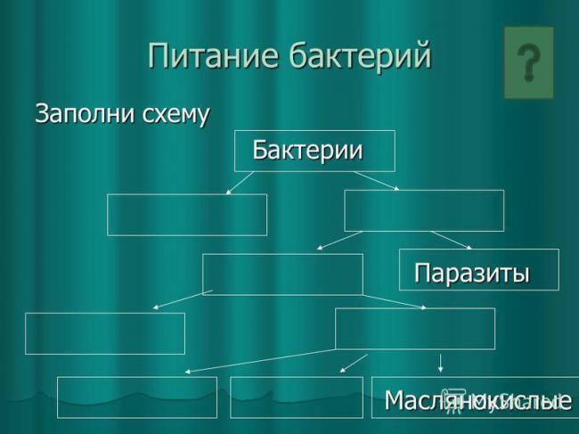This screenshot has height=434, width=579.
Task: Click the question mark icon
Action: pyautogui.click(x=529, y=62)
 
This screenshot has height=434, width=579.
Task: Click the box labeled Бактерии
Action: pyautogui.click(x=307, y=150)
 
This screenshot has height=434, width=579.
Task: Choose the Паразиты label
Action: pyautogui.click(x=473, y=272)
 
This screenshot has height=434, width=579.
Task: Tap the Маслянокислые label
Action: pyautogui.click(x=477, y=401)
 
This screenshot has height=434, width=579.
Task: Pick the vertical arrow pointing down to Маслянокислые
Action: pyautogui.click(x=441, y=361)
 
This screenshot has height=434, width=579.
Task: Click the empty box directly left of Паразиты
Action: pyautogui.click(x=282, y=274)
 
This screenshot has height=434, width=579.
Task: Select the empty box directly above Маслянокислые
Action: pyautogui.click(x=414, y=328)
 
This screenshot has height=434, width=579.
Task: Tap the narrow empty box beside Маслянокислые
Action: pyautogui.click(x=297, y=397)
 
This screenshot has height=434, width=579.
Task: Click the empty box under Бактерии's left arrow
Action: pyautogui.click(x=187, y=214)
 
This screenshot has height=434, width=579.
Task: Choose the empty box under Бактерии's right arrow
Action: pyautogui.click(x=424, y=210)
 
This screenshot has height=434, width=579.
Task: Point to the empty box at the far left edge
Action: pyautogui.click(x=105, y=333)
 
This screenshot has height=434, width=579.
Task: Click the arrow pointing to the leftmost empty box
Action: pyautogui.click(x=183, y=299)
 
